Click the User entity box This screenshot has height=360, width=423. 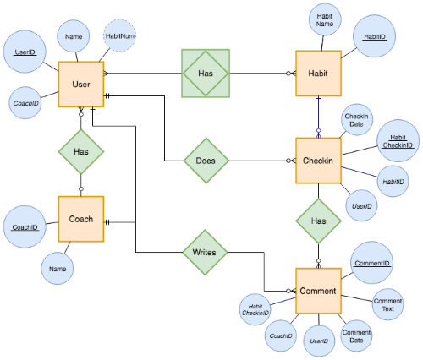81,85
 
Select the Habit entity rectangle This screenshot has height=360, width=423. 318,74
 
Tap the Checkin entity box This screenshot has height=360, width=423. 318,161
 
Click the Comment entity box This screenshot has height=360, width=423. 318,292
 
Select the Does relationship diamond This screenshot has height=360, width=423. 206,161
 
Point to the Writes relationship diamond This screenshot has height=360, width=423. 206,252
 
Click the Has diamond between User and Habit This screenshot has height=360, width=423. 206,73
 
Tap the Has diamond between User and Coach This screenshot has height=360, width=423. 81,151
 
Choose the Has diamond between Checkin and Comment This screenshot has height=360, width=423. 318,221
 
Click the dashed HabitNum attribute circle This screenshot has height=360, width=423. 120,36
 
